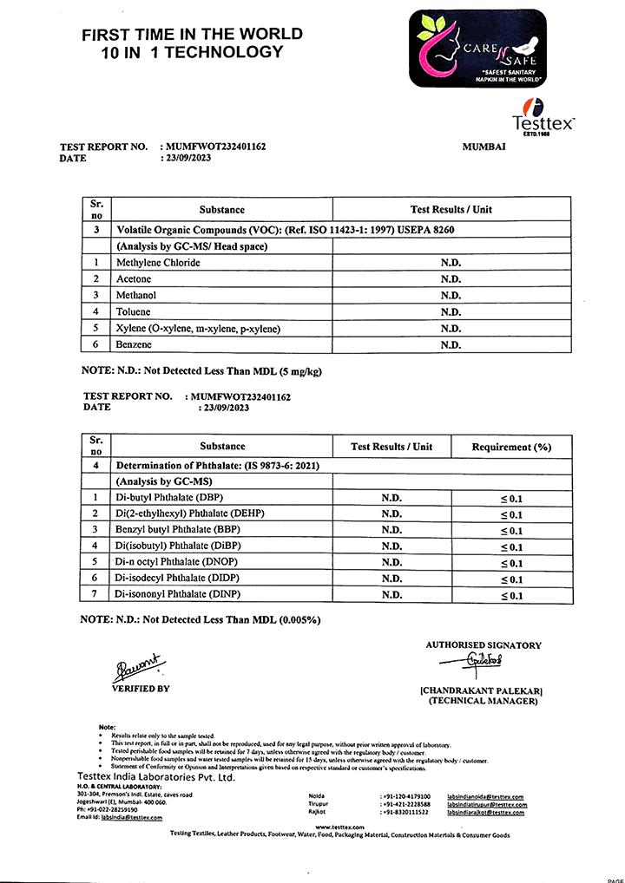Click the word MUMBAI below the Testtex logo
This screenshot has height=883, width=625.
coord(484,147)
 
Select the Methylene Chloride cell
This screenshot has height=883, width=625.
coord(158,263)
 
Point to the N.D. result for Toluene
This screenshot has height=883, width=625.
coord(451,312)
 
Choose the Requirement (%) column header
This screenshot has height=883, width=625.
coord(511,447)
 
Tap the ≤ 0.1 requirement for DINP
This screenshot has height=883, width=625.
coord(511,596)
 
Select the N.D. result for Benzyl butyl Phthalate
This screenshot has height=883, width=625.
coord(391,530)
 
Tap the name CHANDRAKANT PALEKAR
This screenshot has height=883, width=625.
coord(482,690)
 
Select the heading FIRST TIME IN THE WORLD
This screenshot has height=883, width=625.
coord(192,35)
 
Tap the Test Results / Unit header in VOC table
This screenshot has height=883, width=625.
coord(451,210)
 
